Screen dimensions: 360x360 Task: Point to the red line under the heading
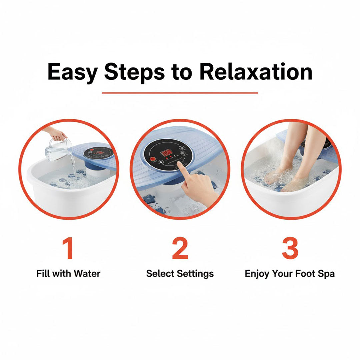(x=180, y=93)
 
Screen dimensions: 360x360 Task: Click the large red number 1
(x=68, y=248)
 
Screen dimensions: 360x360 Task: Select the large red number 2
(x=180, y=248)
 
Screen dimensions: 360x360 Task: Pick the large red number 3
(x=290, y=248)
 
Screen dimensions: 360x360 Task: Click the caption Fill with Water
(x=68, y=274)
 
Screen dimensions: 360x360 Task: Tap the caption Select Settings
(x=180, y=274)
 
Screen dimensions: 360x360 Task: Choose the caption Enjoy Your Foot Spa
(x=290, y=274)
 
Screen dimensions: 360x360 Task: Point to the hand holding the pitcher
(x=57, y=134)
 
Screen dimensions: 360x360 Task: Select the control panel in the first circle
(x=98, y=153)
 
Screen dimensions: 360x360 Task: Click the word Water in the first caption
(x=87, y=274)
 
